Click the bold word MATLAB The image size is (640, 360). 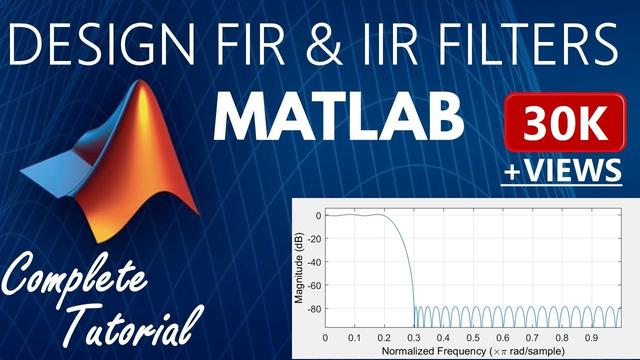click(340, 119)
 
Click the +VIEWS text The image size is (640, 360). click(562, 170)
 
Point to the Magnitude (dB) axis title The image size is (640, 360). click(299, 264)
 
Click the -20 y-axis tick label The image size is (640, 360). click(313, 239)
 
